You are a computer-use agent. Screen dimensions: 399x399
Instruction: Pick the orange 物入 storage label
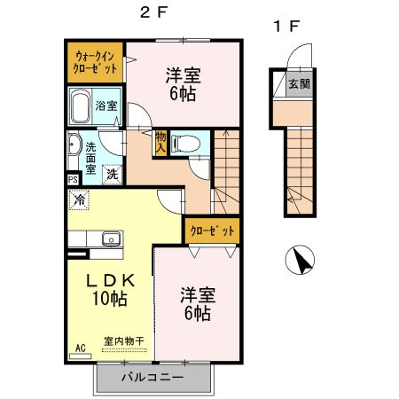[x=160, y=142]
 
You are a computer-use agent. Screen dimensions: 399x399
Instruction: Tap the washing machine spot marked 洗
[x=113, y=173]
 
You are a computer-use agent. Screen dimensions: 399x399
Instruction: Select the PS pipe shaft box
[x=72, y=178]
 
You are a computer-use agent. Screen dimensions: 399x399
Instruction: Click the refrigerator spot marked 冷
[x=80, y=200]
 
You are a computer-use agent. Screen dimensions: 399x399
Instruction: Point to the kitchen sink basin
[x=111, y=237]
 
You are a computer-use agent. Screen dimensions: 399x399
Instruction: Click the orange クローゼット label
[x=212, y=231]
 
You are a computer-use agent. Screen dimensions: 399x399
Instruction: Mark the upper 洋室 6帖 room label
[x=184, y=83]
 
